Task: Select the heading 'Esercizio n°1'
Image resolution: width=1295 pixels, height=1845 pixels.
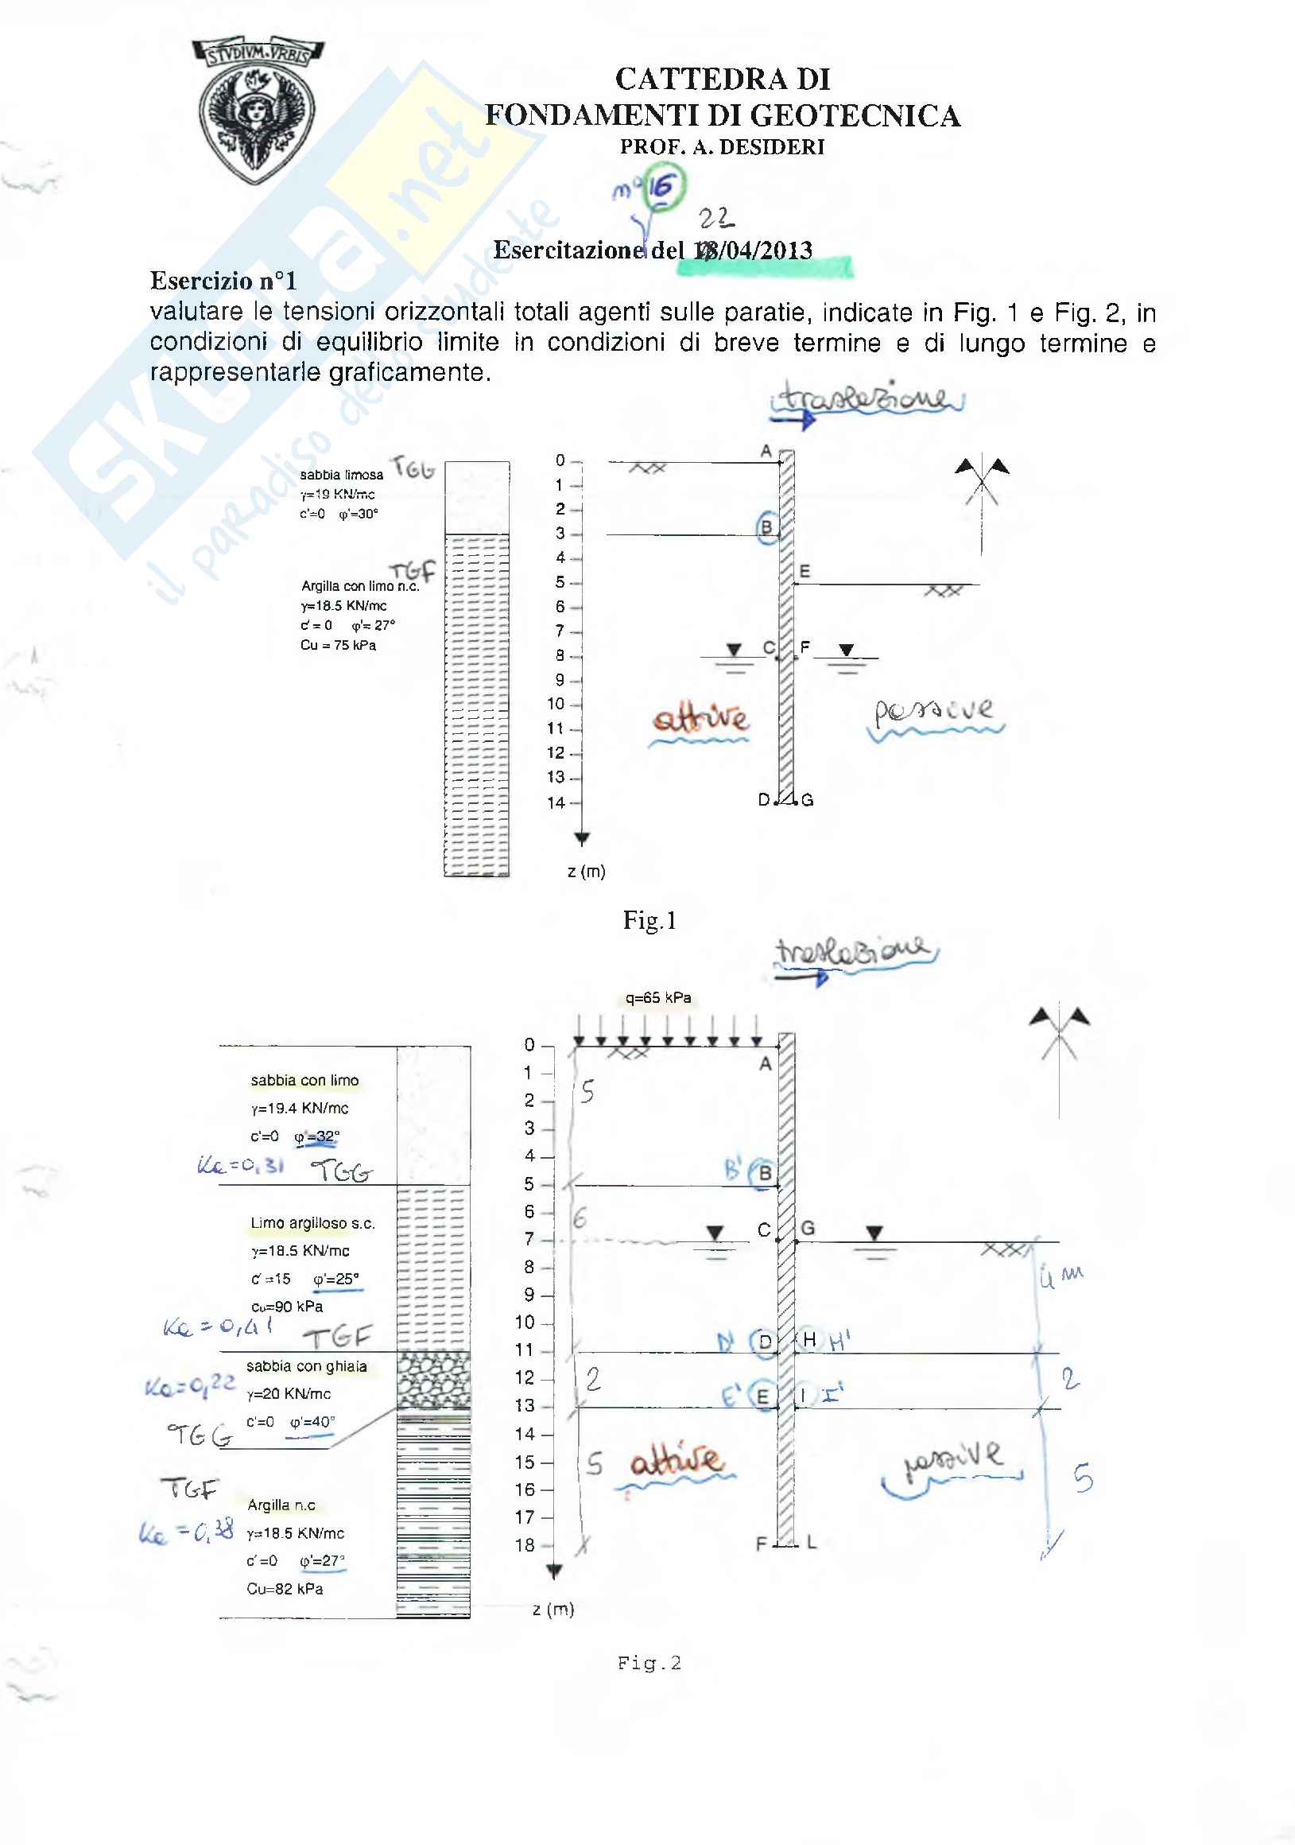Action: click(223, 281)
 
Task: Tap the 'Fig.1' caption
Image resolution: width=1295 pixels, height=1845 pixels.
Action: click(649, 920)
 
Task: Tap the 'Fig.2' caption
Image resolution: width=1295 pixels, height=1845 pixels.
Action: click(649, 1664)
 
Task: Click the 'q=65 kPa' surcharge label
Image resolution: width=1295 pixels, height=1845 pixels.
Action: click(658, 997)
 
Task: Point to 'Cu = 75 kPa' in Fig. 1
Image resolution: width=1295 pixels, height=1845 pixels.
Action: click(337, 645)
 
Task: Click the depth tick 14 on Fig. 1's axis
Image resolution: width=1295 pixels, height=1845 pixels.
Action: click(556, 802)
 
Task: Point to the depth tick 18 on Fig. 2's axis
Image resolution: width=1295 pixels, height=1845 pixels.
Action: click(525, 1545)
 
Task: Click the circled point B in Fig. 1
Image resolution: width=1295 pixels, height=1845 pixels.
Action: click(766, 527)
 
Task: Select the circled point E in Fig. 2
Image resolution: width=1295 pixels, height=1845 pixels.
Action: click(762, 1396)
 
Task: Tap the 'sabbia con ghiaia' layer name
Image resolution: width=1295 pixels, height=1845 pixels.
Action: click(306, 1366)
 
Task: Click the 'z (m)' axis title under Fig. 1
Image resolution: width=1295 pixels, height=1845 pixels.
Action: click(587, 871)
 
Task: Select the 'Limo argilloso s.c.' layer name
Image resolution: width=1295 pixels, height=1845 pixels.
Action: click(312, 1223)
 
